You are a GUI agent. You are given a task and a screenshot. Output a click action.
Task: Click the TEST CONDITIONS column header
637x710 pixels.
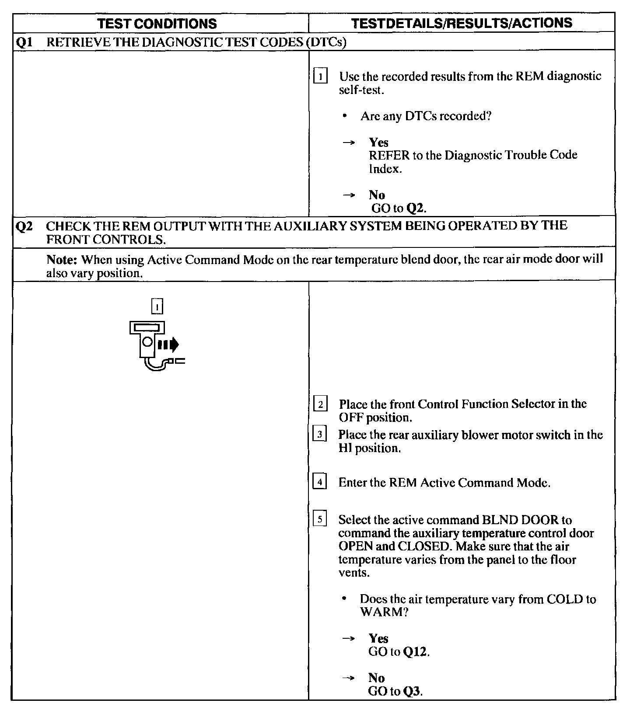pos(157,23)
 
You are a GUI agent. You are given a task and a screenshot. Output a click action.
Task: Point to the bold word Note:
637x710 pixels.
pos(62,260)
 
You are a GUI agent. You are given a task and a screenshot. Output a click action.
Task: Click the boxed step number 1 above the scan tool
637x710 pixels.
pos(157,306)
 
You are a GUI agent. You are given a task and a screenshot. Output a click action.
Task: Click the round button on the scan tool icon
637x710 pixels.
pos(148,341)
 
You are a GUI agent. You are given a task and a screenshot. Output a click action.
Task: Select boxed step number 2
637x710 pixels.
pos(320,404)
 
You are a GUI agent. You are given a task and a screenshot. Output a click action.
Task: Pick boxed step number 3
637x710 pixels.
pos(320,435)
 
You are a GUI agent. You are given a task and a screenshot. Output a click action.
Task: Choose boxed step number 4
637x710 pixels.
pos(320,483)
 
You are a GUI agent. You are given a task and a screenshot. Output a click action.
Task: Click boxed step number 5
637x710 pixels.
pos(320,520)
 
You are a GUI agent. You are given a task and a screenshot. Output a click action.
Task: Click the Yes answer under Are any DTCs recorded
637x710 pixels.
pos(378,143)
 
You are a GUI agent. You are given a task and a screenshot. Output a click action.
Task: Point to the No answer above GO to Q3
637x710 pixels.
pos(376,678)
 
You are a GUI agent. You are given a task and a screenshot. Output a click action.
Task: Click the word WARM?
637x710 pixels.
pos(384,612)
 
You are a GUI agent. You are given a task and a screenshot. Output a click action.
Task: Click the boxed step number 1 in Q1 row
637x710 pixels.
pos(321,77)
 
